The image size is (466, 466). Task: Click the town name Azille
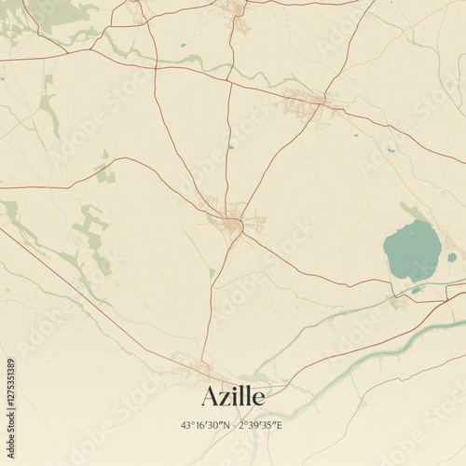(232, 396)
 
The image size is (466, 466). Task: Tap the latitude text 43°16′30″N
(206, 425)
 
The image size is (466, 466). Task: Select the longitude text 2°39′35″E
(260, 425)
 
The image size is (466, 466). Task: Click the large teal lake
(412, 251)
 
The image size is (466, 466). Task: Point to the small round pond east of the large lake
(452, 257)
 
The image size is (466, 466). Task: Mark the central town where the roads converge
(232, 224)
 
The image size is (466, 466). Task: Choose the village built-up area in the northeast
(306, 98)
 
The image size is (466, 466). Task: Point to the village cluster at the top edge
(235, 9)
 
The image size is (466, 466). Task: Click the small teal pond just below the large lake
(416, 290)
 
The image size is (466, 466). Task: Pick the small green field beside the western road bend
(105, 172)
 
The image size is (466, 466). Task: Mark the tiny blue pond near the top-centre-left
(183, 45)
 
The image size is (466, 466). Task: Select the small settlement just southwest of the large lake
(395, 301)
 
